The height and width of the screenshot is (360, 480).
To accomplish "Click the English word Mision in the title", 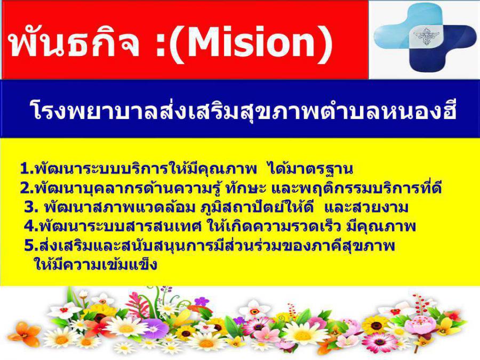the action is (251, 42).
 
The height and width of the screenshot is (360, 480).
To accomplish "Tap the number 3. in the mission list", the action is (31, 208).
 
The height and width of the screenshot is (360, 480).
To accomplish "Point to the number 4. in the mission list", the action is (31, 227).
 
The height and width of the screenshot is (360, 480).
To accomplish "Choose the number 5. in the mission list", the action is (31, 246).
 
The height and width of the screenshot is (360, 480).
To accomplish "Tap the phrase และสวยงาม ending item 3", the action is (366, 208).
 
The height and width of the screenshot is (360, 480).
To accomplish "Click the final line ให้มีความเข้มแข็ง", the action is (96, 264).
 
